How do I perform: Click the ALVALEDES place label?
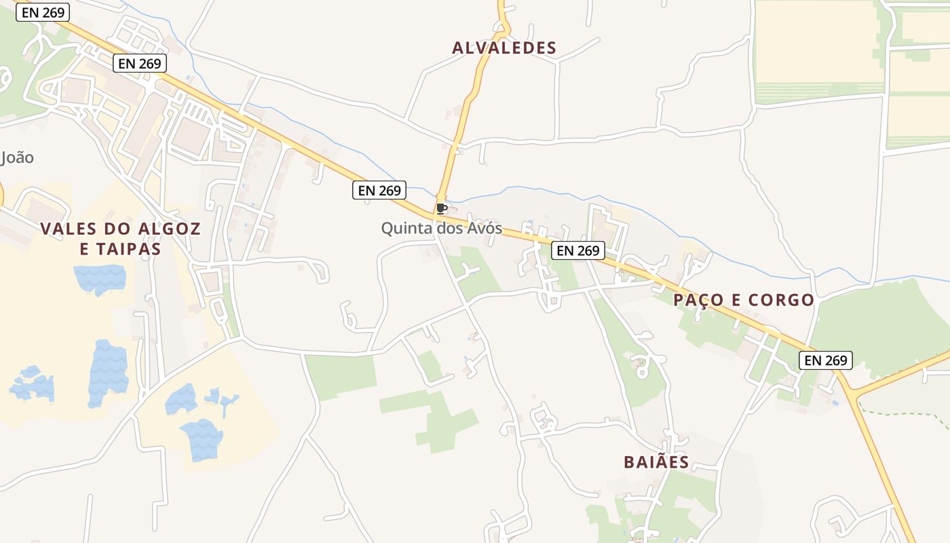[x=504, y=48]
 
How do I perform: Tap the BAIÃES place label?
[x=656, y=462]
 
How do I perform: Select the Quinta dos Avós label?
[x=441, y=228]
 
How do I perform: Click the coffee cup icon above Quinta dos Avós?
[x=441, y=208]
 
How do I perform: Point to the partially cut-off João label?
[x=17, y=157]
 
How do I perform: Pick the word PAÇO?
[x=699, y=299]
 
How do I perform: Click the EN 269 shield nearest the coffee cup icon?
[x=379, y=190]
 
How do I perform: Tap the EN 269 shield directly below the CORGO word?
[x=825, y=360]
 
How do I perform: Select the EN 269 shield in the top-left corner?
[x=43, y=12]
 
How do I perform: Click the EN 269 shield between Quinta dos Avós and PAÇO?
[x=577, y=250]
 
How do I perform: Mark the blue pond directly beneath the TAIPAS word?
[x=100, y=278]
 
